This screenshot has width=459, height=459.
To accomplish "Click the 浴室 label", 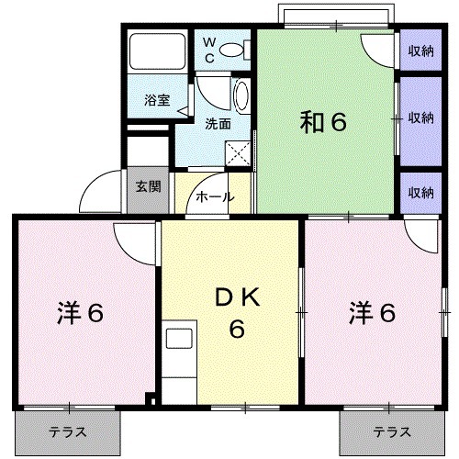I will coord(157,100).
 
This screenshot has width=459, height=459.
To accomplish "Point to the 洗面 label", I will coord(218,123).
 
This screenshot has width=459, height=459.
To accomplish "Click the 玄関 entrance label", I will coord(148,186).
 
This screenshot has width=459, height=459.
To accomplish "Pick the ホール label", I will coord(215,196).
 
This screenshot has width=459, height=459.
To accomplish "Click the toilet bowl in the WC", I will coord(233,50).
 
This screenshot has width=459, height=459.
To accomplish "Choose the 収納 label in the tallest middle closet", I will coord(421,118).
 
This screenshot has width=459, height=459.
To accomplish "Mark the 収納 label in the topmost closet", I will coord(421,51).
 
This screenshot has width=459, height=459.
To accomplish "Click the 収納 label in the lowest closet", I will coord(421,192).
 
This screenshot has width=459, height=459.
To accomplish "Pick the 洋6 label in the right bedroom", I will coord(371,314).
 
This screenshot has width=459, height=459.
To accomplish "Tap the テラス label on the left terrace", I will coord(68,431).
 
